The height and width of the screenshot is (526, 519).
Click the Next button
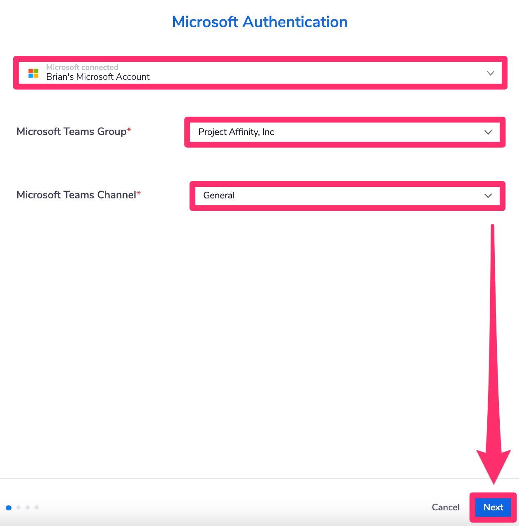[x=493, y=507]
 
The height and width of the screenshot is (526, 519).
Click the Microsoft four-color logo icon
[x=33, y=73]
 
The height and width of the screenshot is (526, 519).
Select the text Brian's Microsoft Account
[x=98, y=77]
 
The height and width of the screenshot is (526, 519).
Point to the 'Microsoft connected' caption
[x=82, y=67]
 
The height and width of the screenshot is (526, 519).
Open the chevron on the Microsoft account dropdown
[x=490, y=73]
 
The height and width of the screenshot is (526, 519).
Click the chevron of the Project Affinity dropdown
[x=488, y=133]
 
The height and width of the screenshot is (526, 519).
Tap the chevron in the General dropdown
[x=488, y=196]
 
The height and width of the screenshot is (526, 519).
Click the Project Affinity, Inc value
[x=236, y=132]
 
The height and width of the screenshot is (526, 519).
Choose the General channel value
[x=219, y=196]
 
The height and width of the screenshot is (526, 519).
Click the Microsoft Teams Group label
[x=72, y=132]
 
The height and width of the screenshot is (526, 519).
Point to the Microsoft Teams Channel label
[x=76, y=195]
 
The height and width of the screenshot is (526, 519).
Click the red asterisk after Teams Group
[x=129, y=129]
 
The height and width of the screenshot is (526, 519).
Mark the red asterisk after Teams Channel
[x=138, y=193]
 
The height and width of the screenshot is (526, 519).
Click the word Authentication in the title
[x=295, y=22]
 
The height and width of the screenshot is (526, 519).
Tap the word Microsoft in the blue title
[x=205, y=22]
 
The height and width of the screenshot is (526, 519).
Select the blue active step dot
[x=9, y=508]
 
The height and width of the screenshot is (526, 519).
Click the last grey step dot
[x=37, y=507]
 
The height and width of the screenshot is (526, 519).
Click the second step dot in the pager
[x=19, y=507]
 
